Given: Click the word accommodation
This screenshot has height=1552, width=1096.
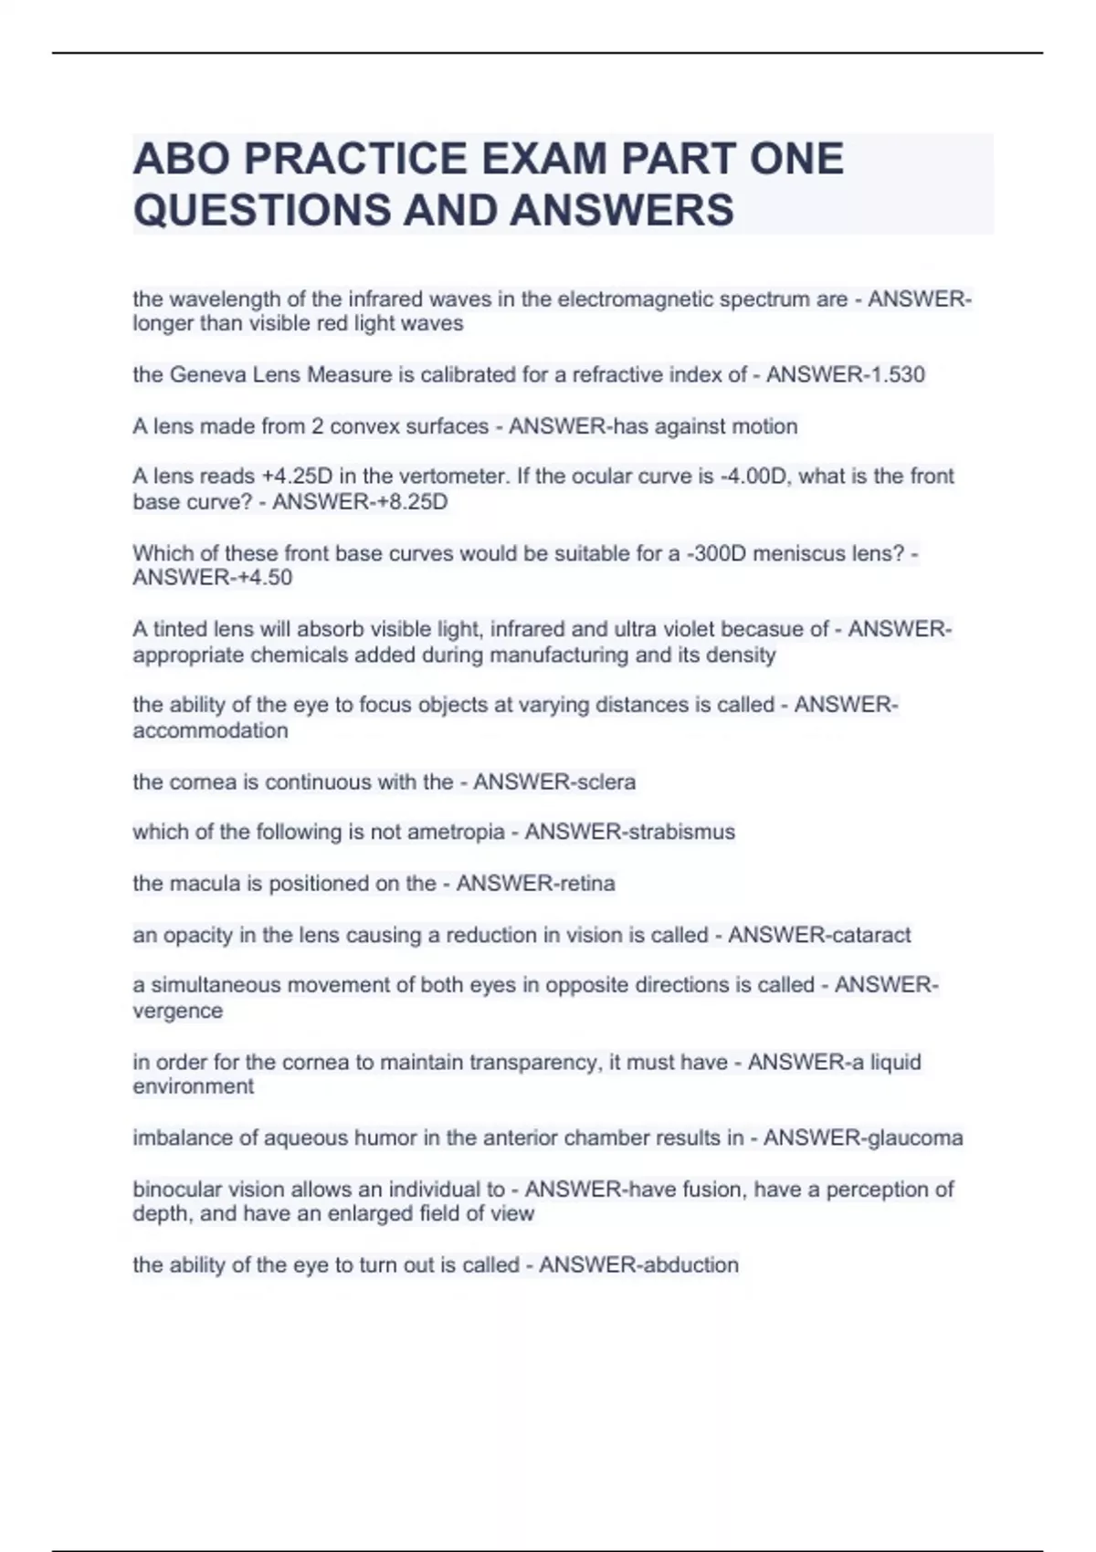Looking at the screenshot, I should point(210,731).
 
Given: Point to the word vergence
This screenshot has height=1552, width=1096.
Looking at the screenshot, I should point(177,1012).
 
